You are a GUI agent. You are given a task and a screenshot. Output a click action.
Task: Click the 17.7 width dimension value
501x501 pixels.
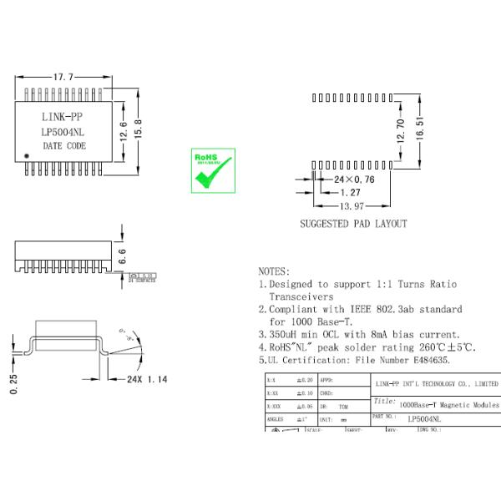[64, 77]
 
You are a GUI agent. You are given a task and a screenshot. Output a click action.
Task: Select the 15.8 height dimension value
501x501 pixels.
[139, 129]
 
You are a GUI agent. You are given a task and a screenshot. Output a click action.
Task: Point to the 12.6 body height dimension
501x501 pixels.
[123, 129]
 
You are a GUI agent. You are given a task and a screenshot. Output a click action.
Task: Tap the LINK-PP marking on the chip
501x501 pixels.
[63, 116]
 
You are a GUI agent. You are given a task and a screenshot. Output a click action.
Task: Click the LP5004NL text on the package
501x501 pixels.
[63, 131]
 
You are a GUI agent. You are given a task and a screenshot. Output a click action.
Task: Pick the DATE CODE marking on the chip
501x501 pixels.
[64, 145]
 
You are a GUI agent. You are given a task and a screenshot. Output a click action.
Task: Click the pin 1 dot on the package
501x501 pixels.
[27, 156]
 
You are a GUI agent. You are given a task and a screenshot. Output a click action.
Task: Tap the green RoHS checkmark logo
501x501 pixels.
[213, 170]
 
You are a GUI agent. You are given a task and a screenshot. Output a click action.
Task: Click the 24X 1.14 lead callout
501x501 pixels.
[146, 379]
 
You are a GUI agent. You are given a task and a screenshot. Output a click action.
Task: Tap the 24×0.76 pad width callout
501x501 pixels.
[353, 180]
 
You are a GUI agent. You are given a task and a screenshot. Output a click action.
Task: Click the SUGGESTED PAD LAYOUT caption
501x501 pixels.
[353, 224]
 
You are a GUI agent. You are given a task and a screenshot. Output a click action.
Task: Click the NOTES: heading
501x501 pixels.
[275, 271]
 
